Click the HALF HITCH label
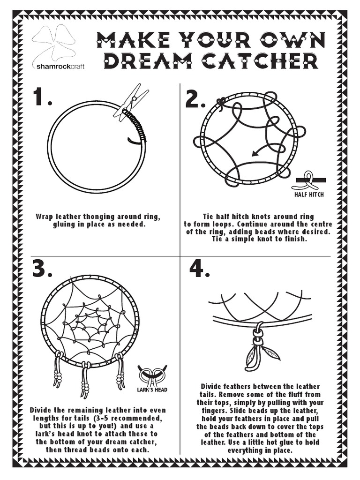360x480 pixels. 309,195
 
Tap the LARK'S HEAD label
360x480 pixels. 152,390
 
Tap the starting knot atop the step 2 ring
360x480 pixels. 221,102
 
